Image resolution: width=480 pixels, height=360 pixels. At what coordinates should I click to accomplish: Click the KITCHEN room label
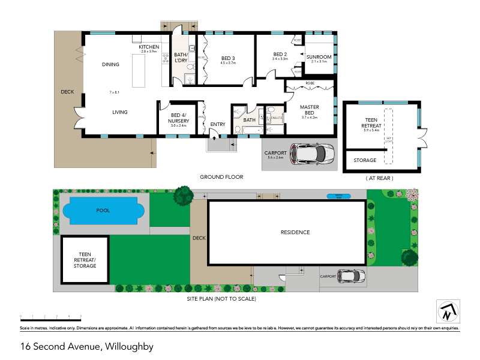[x=149, y=47]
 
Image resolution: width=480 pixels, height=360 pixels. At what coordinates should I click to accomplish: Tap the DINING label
[x=110, y=65]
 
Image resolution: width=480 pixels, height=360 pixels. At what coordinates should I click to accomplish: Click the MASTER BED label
[x=310, y=110]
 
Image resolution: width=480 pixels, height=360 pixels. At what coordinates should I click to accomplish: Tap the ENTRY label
[x=217, y=124]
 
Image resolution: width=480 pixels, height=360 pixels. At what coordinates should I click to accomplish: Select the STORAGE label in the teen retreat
[x=364, y=160]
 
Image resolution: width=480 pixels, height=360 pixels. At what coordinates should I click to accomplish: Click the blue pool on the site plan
[x=104, y=211]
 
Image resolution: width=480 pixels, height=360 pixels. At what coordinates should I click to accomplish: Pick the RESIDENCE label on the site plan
[x=295, y=232]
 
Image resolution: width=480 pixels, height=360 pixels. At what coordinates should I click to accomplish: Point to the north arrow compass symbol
[x=446, y=311]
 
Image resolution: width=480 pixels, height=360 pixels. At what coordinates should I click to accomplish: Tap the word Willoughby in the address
[x=130, y=346]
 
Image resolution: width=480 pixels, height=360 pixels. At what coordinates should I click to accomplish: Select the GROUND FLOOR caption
[x=221, y=178]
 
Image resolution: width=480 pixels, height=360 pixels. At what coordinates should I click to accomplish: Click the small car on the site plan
[x=350, y=276]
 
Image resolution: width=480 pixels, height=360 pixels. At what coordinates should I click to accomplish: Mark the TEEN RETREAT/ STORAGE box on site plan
[x=85, y=260]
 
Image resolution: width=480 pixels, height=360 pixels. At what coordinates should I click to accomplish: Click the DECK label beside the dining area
[x=67, y=92]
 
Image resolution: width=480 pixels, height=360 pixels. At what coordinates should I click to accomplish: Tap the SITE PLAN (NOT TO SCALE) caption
[x=221, y=298]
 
